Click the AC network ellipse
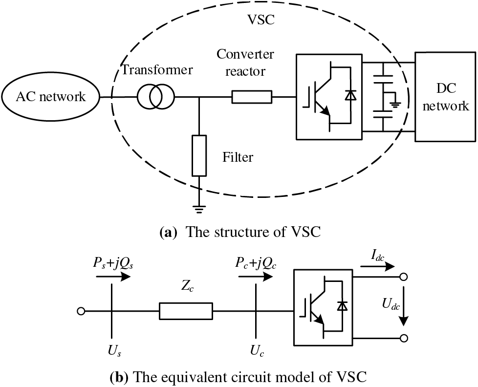click(50, 96)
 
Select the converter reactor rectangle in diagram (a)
click(251, 97)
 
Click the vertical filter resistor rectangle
click(199, 156)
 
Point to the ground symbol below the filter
click(199, 209)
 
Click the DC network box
click(446, 96)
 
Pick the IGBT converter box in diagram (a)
click(328, 96)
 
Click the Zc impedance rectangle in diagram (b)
click(186, 311)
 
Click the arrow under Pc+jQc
click(255, 277)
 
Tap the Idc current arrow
click(377, 267)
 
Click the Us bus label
click(113, 351)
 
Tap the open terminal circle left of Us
click(81, 311)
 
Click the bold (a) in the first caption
click(169, 232)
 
